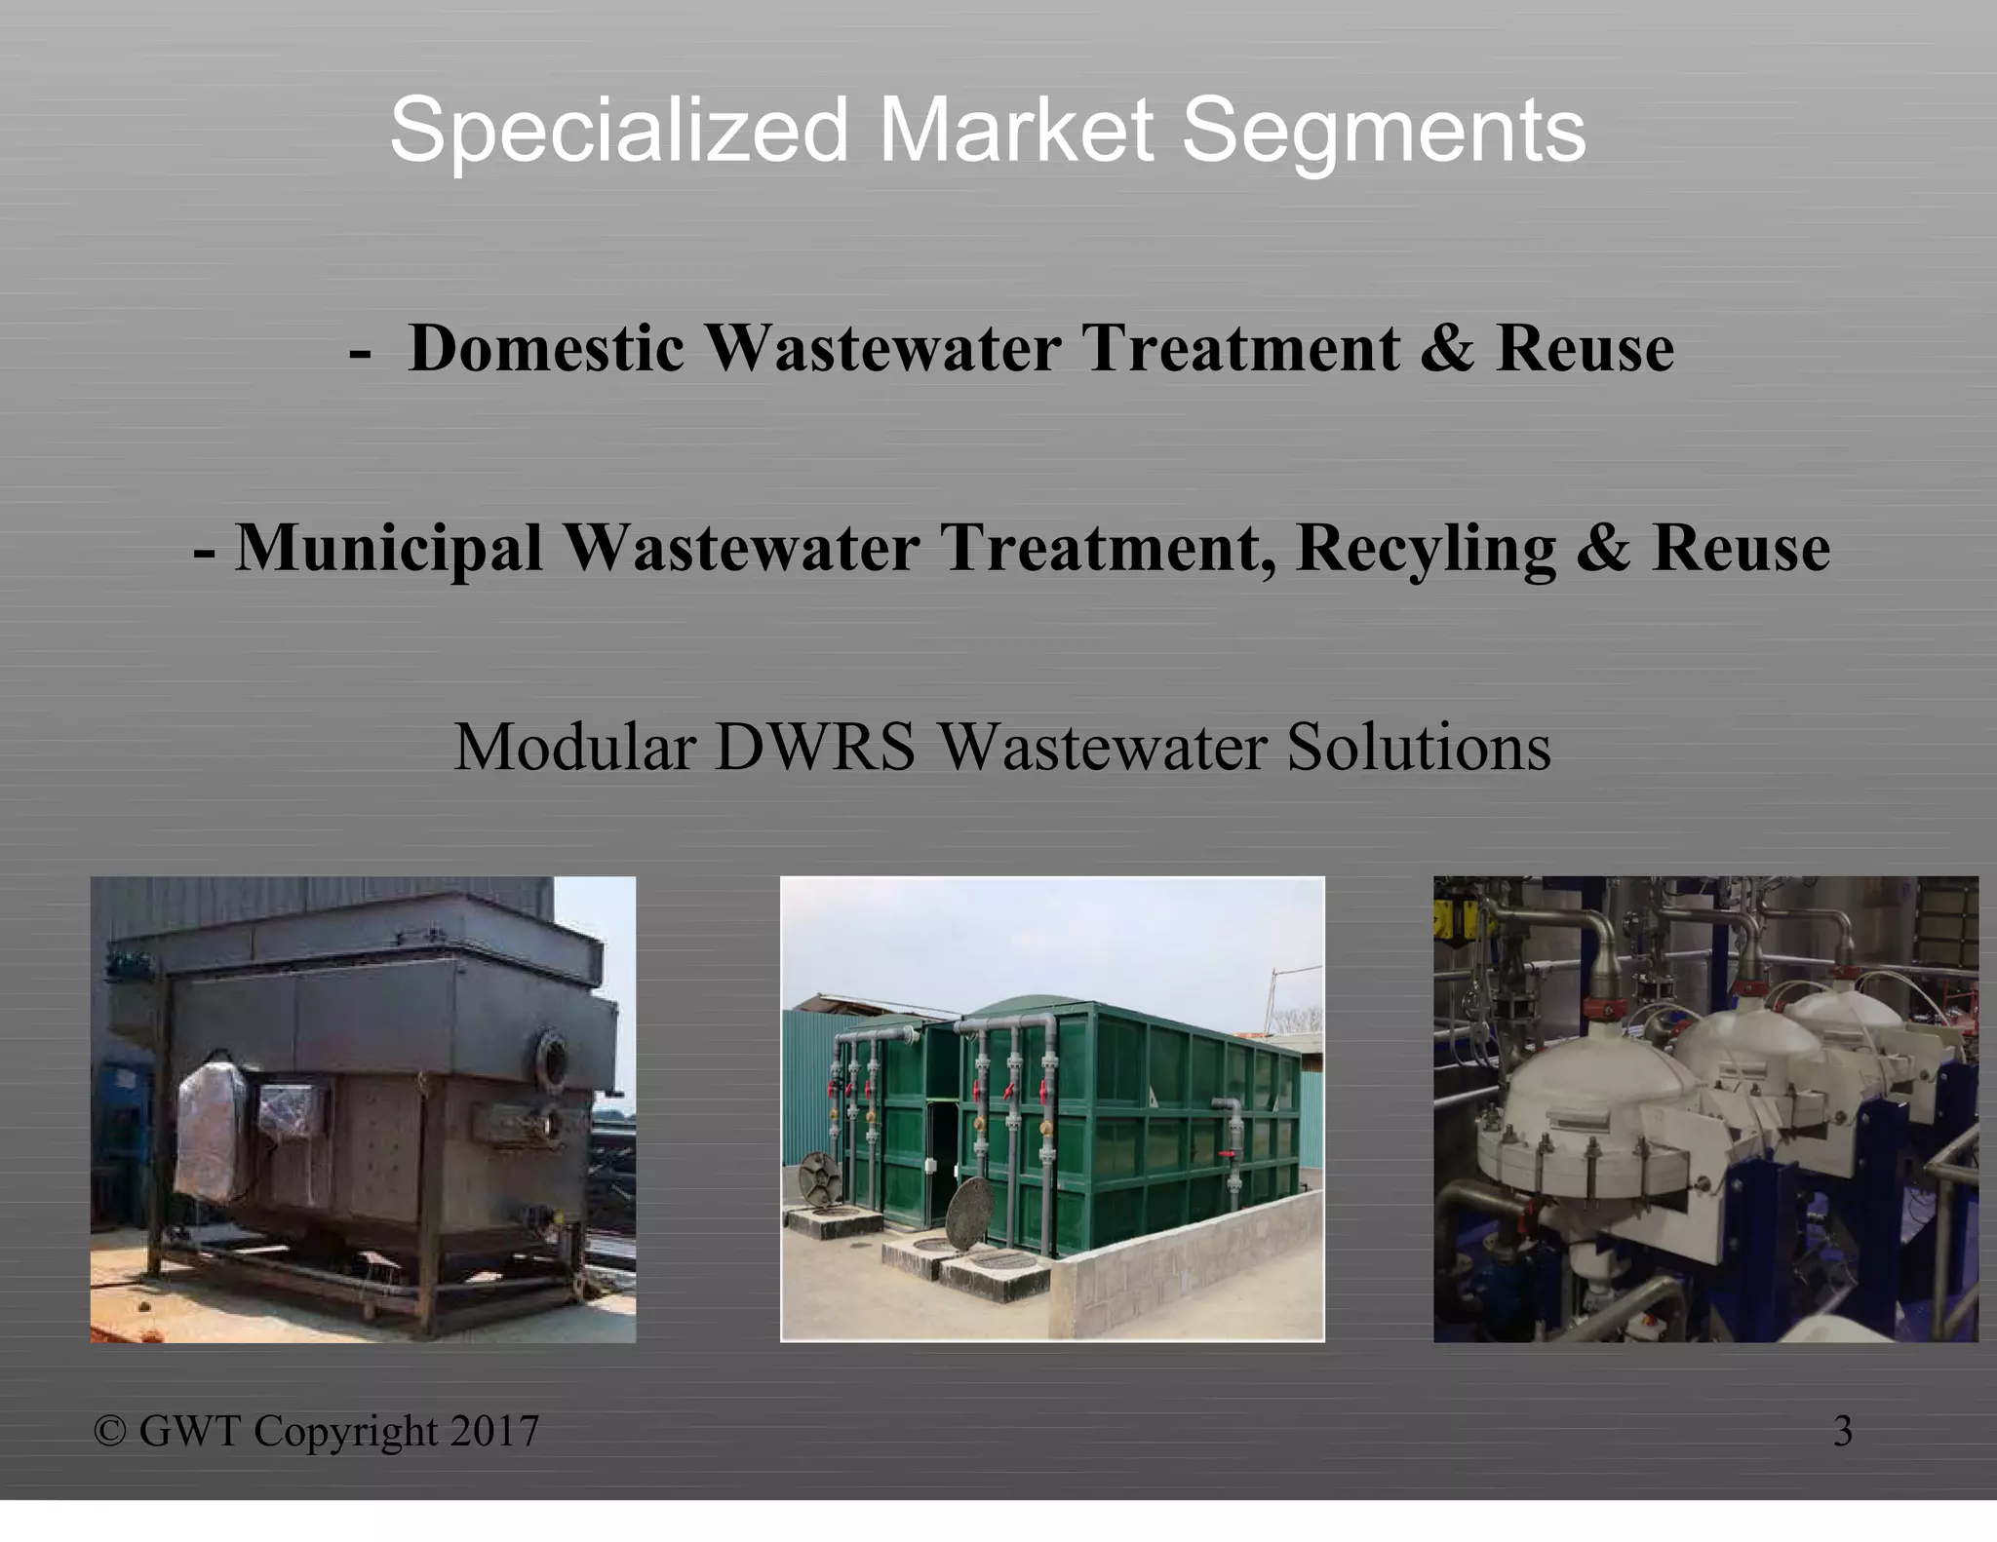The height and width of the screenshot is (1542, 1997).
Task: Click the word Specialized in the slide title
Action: (x=619, y=131)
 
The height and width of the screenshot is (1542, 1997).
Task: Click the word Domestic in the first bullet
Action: (x=546, y=348)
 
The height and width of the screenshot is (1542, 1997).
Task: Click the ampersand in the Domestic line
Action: (x=1447, y=348)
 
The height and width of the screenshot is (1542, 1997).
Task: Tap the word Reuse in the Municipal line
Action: (x=1741, y=548)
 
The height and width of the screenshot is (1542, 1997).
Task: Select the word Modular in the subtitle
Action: (x=574, y=748)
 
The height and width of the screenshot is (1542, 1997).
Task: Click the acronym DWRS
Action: (x=814, y=748)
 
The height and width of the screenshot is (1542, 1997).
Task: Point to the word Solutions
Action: (x=1419, y=748)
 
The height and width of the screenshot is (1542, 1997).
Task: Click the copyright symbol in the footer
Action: (x=110, y=1431)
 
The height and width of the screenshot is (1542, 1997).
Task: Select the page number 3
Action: (x=1842, y=1431)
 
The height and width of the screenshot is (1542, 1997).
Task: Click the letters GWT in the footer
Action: (x=189, y=1431)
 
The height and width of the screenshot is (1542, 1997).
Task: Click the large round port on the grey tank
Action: (x=553, y=1059)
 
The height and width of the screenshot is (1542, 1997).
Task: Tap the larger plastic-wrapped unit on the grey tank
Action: (x=210, y=1131)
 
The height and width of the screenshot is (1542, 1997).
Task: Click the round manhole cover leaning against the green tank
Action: (x=968, y=1214)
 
